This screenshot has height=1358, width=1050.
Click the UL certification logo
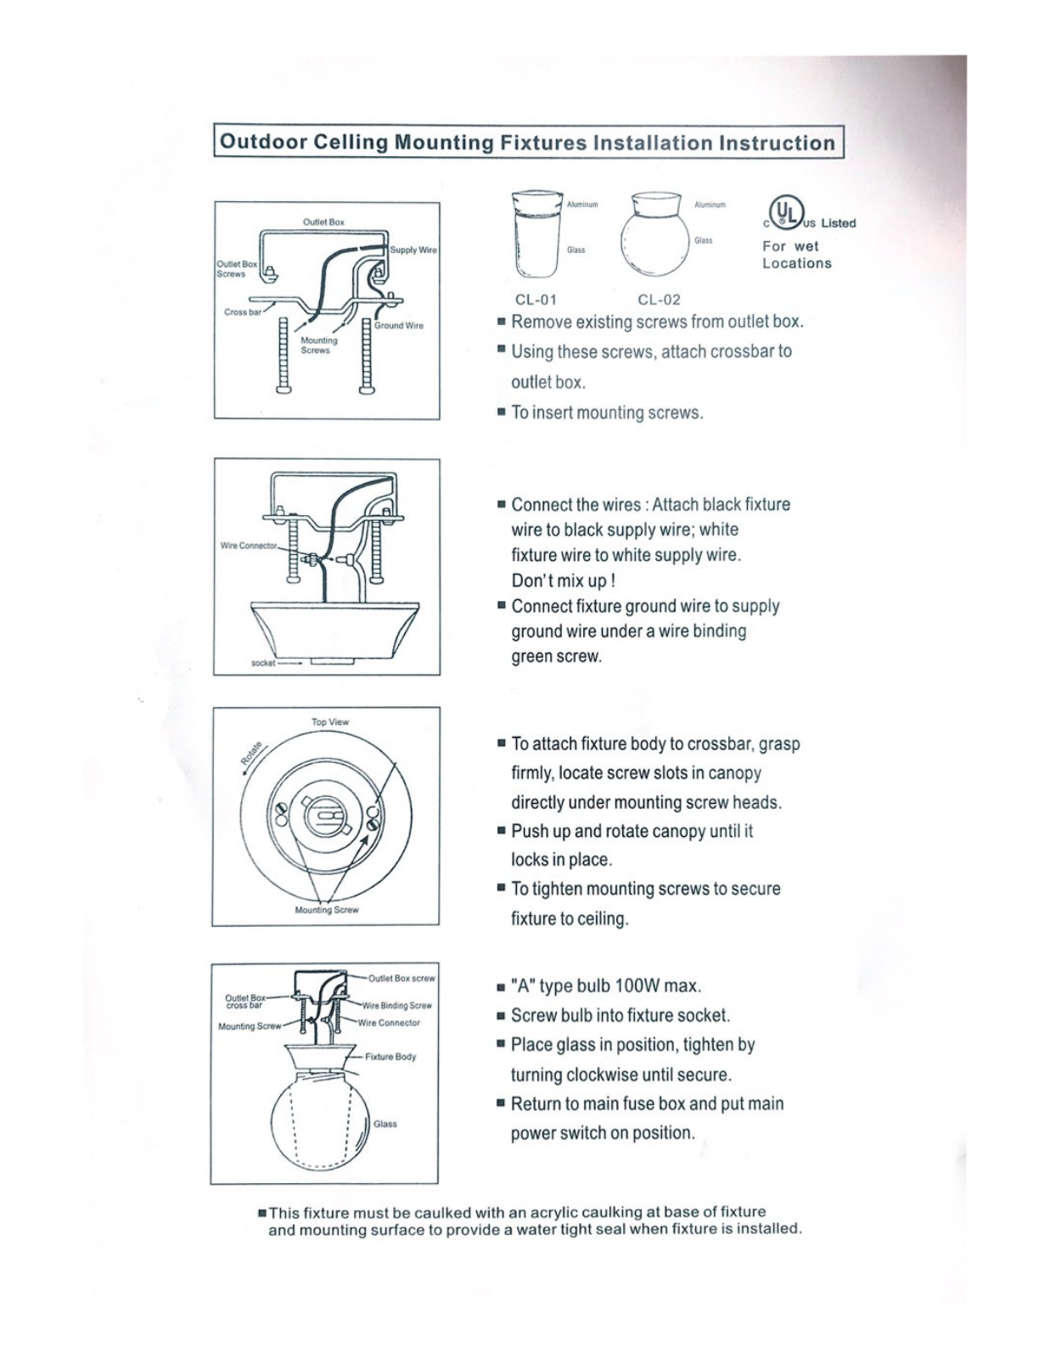click(786, 212)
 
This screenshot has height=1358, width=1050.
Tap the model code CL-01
click(536, 300)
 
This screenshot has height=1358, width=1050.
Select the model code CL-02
click(659, 300)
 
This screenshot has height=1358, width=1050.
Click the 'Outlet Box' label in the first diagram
click(323, 222)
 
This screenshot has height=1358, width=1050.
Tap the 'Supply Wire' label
click(413, 250)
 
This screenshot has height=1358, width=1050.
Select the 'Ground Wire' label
click(399, 326)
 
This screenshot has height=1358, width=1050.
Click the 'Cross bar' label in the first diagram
click(243, 311)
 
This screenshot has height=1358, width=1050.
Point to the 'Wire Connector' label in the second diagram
click(249, 546)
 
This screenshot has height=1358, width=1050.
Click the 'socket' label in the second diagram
click(262, 663)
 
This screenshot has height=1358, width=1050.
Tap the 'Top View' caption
click(330, 721)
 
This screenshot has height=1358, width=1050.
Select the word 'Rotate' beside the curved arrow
click(251, 753)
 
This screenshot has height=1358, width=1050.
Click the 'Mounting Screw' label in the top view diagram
click(326, 910)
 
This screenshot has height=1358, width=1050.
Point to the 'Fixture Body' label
click(390, 1056)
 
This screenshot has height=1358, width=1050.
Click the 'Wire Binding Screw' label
click(397, 1006)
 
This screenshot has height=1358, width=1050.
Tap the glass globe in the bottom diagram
click(323, 1121)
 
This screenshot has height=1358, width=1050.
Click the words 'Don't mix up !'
click(563, 581)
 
